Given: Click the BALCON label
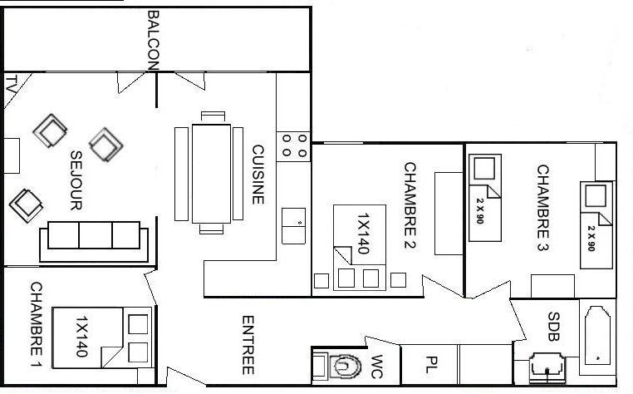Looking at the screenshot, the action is click(154, 40).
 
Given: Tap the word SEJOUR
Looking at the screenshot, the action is click(76, 180).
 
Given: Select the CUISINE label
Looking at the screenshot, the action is click(258, 175).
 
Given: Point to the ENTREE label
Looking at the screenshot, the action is click(248, 345).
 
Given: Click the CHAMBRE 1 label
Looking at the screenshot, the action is click(37, 324).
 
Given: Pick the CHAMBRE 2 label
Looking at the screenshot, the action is click(410, 205).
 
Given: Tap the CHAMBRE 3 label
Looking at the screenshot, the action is click(543, 208).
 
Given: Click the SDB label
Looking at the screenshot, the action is click(554, 327).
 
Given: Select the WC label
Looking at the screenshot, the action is click(376, 367).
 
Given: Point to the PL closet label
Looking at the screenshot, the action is click(432, 364).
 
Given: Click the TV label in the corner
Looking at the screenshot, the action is click(11, 84).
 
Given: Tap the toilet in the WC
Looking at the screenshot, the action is click(338, 367).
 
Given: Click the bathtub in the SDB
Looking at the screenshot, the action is click(597, 336).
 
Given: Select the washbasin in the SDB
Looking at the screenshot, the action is click(547, 367).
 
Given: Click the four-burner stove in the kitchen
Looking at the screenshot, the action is click(293, 146).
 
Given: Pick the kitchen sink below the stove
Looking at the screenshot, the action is click(293, 226).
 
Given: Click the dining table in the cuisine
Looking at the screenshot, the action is click(211, 174).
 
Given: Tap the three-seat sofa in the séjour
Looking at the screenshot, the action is click(94, 241).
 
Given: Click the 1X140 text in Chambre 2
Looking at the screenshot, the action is click(363, 234).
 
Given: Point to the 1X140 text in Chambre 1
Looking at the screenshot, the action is click(81, 337).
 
